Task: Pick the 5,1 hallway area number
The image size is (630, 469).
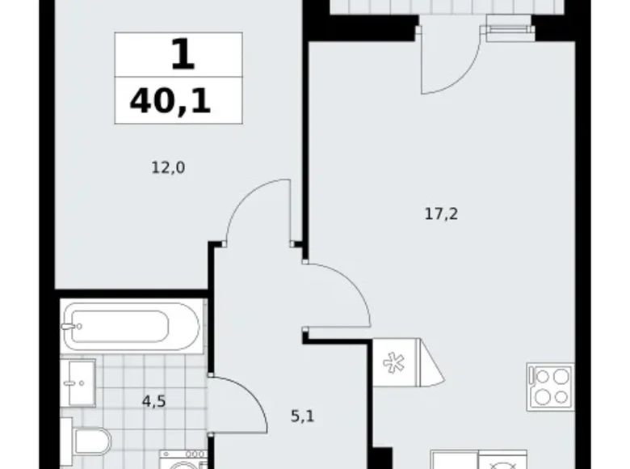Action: [303, 419]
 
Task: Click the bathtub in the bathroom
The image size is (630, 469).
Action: [131, 327]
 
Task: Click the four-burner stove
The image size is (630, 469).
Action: [550, 386]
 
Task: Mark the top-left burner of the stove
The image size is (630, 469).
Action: [540, 376]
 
